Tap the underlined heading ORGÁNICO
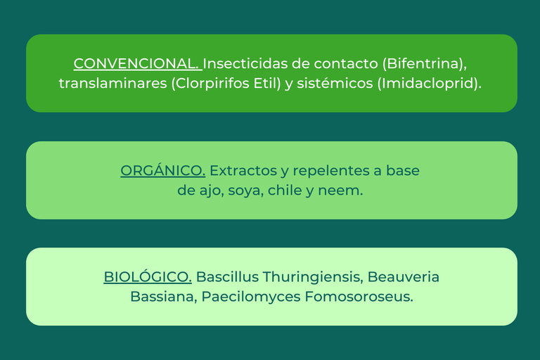tap(163, 170)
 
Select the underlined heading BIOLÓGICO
tap(148, 276)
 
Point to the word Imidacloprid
tap(427, 84)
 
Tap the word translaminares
tap(113, 84)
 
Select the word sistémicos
tap(335, 84)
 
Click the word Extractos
tap(243, 171)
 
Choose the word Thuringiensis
tap(311, 277)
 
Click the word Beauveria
tap(404, 277)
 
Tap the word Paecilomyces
tap(251, 297)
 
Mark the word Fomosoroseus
tap(357, 297)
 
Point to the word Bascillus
tap(227, 276)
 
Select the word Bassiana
tap(162, 297)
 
